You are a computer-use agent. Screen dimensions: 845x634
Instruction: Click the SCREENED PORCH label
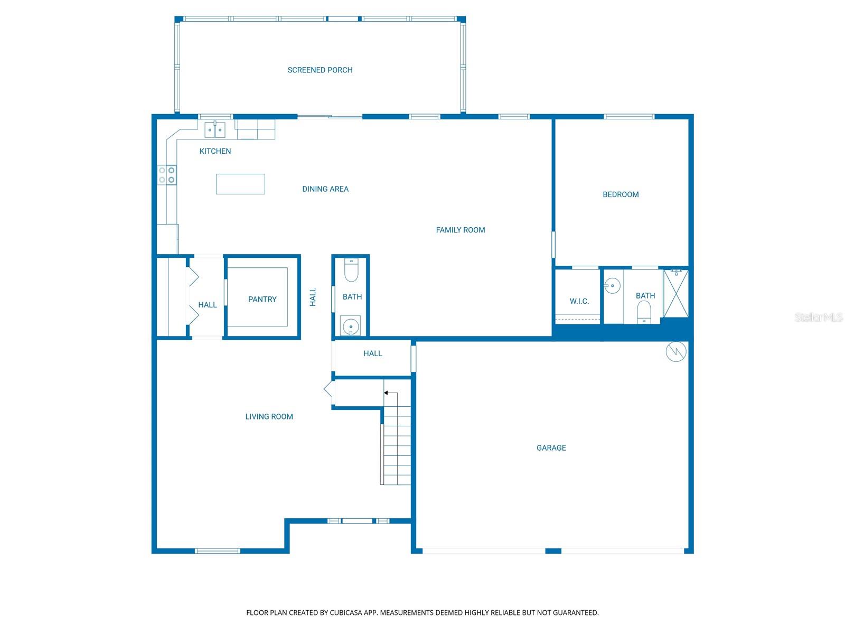coord(320,70)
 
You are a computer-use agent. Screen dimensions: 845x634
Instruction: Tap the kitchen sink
coord(215,129)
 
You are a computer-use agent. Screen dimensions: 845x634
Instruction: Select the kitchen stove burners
coord(167,175)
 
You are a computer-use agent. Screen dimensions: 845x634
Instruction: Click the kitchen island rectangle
coord(240,184)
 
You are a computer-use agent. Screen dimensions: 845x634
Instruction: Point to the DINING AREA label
coord(325,189)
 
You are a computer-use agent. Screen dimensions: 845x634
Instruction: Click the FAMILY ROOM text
coord(460,230)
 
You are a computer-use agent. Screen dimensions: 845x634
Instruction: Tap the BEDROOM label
coord(620,194)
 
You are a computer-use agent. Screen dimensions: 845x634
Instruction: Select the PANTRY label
coord(262,299)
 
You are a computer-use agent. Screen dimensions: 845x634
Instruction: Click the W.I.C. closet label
coord(579,301)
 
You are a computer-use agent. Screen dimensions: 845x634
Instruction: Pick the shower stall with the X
coord(675,293)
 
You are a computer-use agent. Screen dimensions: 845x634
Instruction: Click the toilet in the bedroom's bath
coord(644,312)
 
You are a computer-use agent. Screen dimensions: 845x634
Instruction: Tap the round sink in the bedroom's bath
coord(612,286)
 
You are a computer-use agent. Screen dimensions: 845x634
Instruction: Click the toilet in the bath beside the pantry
coord(351,270)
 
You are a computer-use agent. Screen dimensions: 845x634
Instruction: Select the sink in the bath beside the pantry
coord(350,326)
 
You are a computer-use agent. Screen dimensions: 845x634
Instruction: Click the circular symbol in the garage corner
coord(675,351)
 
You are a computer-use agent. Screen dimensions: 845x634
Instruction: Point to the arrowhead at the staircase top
coord(386,393)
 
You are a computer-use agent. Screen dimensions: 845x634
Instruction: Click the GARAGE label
coord(551,447)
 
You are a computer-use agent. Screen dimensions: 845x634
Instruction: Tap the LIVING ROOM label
coord(269,416)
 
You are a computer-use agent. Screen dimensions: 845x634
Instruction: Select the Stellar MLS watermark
coord(818,317)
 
